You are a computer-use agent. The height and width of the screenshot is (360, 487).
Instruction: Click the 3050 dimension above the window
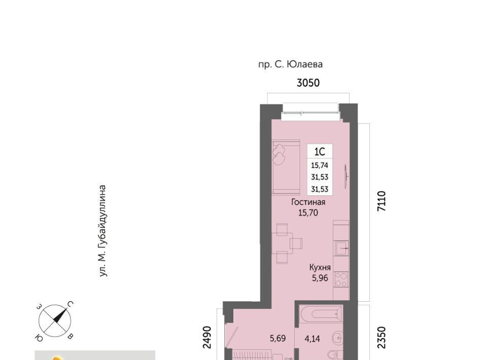(x=308, y=83)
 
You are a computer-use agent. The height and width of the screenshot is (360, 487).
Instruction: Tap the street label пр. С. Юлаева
(x=290, y=64)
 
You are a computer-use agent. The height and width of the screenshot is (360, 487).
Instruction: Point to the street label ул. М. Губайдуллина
(x=102, y=231)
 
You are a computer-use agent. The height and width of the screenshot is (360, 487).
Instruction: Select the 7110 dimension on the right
(x=381, y=201)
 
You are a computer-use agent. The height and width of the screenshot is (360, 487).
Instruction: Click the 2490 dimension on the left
(x=207, y=337)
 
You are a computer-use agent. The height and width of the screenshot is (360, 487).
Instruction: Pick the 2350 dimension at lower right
(x=381, y=337)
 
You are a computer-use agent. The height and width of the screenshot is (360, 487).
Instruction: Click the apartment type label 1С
(x=320, y=152)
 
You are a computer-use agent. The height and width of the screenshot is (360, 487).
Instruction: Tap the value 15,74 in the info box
(x=320, y=165)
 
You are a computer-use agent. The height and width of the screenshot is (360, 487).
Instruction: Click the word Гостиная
(x=308, y=202)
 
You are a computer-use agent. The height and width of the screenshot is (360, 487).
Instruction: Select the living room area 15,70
(x=308, y=213)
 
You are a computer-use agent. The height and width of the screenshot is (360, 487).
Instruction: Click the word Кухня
(x=320, y=267)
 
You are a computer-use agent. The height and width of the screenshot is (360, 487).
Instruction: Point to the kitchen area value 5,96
(x=320, y=278)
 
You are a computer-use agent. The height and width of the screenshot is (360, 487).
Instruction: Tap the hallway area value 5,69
(x=277, y=338)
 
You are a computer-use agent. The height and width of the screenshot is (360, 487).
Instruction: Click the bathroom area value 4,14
(x=312, y=339)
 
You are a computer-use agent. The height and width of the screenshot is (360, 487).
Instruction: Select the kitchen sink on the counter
(x=341, y=248)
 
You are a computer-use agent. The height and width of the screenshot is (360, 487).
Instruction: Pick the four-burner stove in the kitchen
(x=341, y=279)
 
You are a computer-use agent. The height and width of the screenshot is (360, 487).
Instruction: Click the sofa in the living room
(x=286, y=167)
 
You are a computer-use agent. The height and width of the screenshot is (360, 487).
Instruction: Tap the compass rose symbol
(x=55, y=321)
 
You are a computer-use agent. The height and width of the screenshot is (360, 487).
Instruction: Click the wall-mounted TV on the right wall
(x=346, y=176)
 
